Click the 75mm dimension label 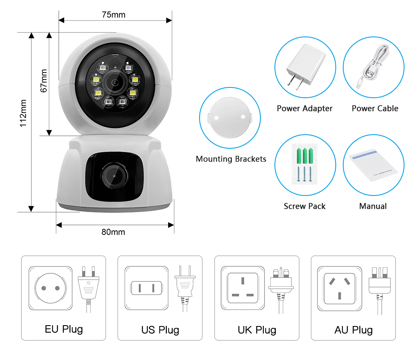(113, 15)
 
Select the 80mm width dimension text (113, 232)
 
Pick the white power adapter (304, 68)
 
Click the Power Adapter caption (305, 109)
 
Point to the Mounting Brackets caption (231, 159)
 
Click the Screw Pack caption (305, 206)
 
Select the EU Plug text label (64, 329)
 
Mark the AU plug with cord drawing (380, 288)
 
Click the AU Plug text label (354, 330)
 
